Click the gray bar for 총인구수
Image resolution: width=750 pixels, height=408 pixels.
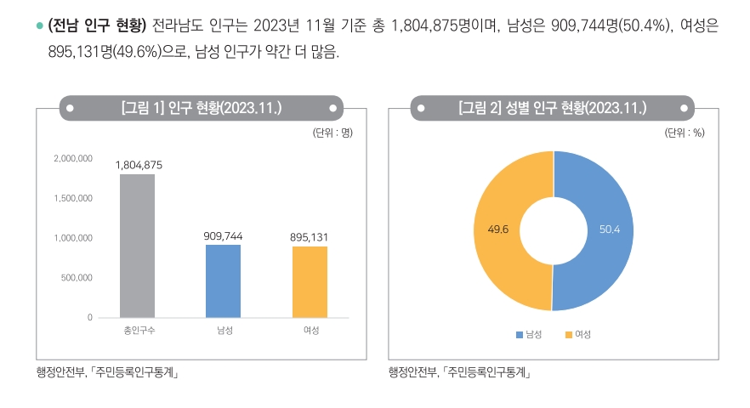[137, 246]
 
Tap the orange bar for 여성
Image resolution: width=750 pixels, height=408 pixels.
[310, 281]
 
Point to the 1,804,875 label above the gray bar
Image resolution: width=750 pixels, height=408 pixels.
[139, 165]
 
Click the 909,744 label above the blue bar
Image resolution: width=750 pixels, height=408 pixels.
[224, 235]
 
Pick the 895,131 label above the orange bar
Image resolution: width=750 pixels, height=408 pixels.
[310, 237]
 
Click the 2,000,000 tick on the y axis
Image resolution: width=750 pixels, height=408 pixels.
[73, 159]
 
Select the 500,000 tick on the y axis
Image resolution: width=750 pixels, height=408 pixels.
[77, 278]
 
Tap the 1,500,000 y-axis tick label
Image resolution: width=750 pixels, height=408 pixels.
[73, 199]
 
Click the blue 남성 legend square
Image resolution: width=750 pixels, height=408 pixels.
[520, 334]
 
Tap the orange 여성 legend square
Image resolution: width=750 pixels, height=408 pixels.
[569, 334]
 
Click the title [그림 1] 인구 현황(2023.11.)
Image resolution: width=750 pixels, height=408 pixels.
[202, 108]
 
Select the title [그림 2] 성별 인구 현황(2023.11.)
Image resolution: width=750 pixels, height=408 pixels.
[552, 108]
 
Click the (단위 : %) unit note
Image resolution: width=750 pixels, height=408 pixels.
[685, 133]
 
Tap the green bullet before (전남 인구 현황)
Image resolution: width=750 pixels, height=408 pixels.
[39, 27]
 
